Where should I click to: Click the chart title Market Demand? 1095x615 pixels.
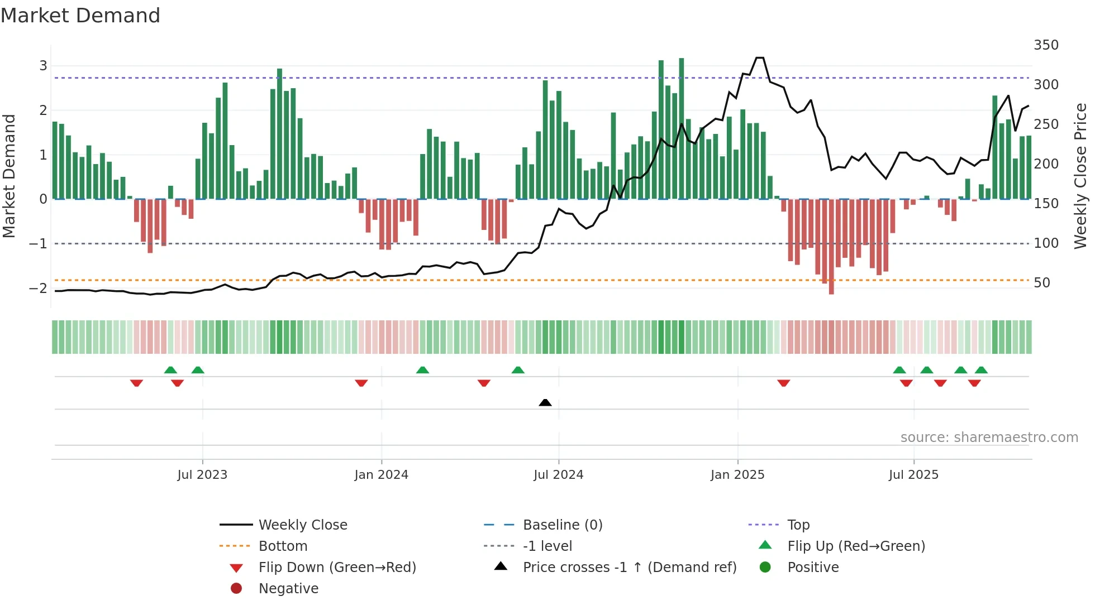click(x=80, y=16)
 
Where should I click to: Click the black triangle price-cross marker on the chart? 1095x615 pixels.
click(x=545, y=402)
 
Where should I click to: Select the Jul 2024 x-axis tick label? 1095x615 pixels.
click(x=558, y=475)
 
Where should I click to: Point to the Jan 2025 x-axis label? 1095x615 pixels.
click(x=737, y=475)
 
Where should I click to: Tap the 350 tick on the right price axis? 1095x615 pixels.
click(x=1046, y=45)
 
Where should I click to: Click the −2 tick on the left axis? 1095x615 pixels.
click(x=38, y=289)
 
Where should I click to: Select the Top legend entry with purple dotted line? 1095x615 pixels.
click(x=798, y=525)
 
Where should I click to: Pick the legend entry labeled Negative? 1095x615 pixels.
click(x=288, y=589)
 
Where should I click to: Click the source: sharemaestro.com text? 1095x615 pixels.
click(x=989, y=438)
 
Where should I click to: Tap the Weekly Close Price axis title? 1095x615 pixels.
click(x=1080, y=176)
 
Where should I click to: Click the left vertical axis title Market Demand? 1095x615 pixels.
click(x=9, y=176)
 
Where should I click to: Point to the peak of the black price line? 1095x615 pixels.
click(x=760, y=58)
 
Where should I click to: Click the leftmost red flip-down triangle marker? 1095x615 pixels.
click(x=136, y=383)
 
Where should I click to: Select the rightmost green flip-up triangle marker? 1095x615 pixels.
click(x=981, y=370)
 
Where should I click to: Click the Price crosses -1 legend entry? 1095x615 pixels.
click(x=629, y=568)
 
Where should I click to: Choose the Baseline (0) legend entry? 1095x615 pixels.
click(x=562, y=525)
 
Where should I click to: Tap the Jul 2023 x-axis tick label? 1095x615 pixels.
click(x=202, y=475)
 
